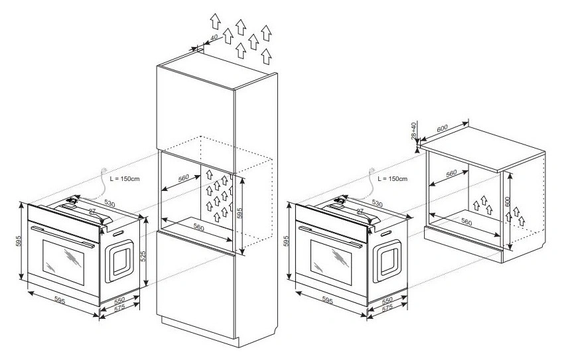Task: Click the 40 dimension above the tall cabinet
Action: pyautogui.click(x=214, y=37)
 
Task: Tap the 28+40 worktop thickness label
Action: pyautogui.click(x=413, y=130)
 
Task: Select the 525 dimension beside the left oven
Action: pyautogui.click(x=143, y=257)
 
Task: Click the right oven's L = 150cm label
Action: pyautogui.click(x=392, y=178)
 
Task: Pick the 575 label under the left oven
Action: pyautogui.click(x=119, y=308)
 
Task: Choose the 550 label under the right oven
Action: pyautogui.click(x=387, y=300)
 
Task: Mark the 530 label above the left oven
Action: pyautogui.click(x=109, y=203)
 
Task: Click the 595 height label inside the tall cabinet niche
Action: pyautogui.click(x=240, y=213)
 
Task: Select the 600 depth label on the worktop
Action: pyautogui.click(x=442, y=128)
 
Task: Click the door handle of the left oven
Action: pyautogui.click(x=63, y=236)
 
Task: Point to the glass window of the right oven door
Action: pyautogui.click(x=330, y=262)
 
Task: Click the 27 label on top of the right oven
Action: pyautogui.click(x=360, y=211)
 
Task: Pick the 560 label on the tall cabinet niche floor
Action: pyautogui.click(x=199, y=227)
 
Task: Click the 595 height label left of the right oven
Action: pyautogui.click(x=287, y=241)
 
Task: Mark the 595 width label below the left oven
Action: pyautogui.click(x=60, y=300)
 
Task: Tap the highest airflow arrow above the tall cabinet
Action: pyautogui.click(x=216, y=21)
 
